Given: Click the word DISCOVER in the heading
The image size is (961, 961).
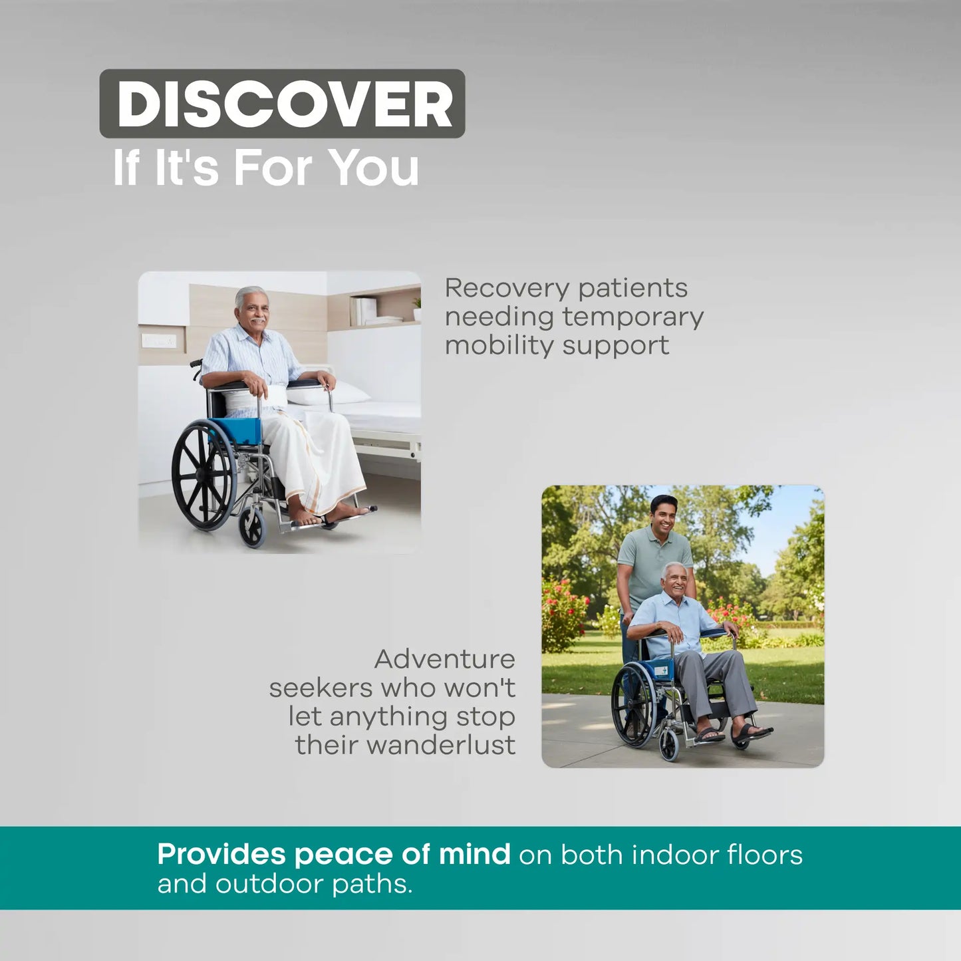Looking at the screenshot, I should (x=284, y=104).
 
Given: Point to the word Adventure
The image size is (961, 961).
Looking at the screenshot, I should (x=444, y=659).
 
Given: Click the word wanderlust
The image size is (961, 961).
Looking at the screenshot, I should (x=441, y=745).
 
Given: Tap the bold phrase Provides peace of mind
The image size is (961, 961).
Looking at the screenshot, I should (x=333, y=854).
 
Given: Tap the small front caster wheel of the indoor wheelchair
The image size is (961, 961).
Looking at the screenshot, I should (x=252, y=527).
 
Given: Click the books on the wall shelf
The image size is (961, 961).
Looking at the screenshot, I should (x=365, y=311).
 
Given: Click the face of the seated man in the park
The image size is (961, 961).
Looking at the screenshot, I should (x=676, y=581).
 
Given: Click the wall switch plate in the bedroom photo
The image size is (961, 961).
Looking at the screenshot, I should (x=159, y=341).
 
